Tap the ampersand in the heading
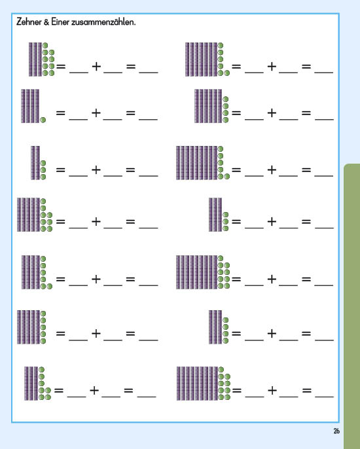click(x=46, y=22)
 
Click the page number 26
click(x=336, y=431)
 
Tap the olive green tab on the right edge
click(x=351, y=306)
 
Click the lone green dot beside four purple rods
click(x=43, y=120)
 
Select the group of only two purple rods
click(x=35, y=163)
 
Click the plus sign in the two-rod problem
click(x=96, y=170)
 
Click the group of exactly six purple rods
click(x=208, y=106)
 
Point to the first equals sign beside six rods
click(x=236, y=113)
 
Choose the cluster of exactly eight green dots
click(x=46, y=215)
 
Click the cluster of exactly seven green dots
click(x=45, y=383)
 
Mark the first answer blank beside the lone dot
click(x=78, y=118)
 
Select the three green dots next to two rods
click(x=43, y=170)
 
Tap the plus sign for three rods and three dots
click(x=272, y=221)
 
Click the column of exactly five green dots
click(x=43, y=327)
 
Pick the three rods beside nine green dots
click(x=35, y=60)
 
